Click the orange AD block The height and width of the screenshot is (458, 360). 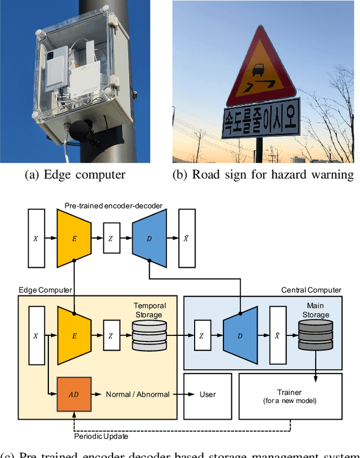[x=74, y=394]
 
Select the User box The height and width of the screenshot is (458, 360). [x=208, y=394]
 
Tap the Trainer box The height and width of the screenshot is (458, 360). [x=290, y=396]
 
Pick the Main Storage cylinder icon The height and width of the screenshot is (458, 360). [x=315, y=336]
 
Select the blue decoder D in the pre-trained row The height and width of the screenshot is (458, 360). [x=148, y=239]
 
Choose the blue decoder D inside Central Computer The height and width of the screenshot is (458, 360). [x=240, y=336]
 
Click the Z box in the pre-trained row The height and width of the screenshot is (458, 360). [x=111, y=239]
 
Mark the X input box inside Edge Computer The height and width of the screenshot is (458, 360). [x=36, y=336]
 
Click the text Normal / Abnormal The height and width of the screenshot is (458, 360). [x=137, y=394]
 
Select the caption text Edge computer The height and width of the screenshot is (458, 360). [x=75, y=174]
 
